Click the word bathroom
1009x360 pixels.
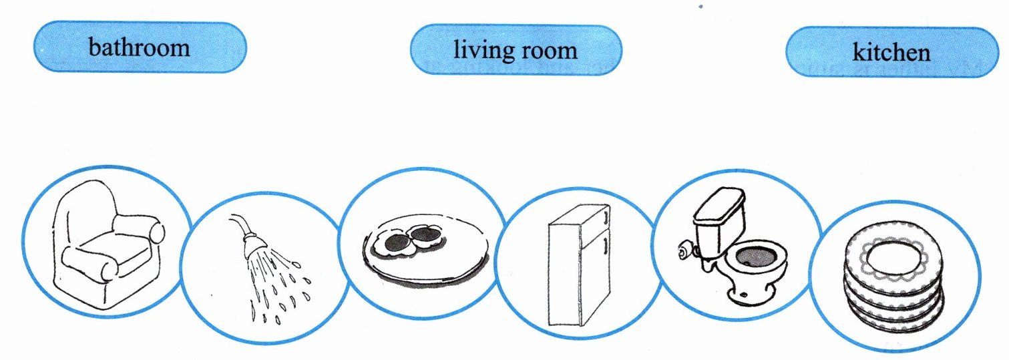[139, 47]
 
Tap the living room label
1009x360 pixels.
[515, 50]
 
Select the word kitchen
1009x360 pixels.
[891, 52]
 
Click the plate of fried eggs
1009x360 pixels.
[424, 250]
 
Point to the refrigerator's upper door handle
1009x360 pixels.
[604, 217]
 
